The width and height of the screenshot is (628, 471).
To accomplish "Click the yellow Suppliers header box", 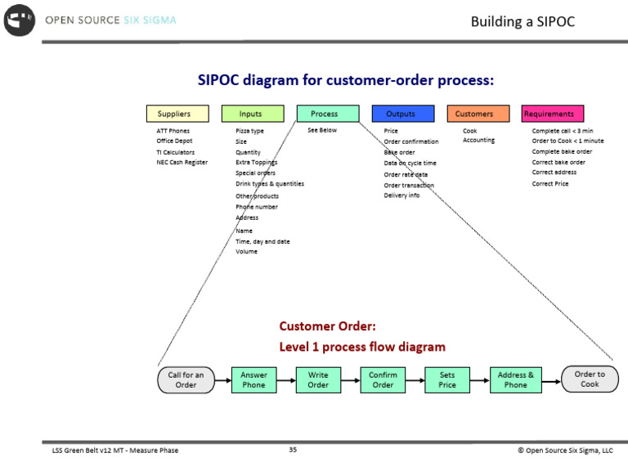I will coord(174,114).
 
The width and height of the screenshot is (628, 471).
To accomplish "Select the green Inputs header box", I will coord(250,114).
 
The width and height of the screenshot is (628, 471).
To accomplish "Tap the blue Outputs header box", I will coord(400,114).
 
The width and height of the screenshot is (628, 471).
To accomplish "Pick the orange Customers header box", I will coord(474,114).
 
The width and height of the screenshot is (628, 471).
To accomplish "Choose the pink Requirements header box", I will coord(549,114).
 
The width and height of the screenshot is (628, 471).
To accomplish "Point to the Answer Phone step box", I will coord(253,380).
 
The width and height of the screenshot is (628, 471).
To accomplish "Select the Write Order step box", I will coord(318,380).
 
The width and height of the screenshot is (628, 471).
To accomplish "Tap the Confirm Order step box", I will coord(383,380).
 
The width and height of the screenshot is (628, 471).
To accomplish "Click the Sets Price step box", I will coord(447,380).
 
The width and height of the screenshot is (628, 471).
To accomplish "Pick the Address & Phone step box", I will coord(515,380).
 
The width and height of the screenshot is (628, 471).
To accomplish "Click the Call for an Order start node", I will coord(186,380).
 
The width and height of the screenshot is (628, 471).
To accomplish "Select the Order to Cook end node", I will coord(590,379).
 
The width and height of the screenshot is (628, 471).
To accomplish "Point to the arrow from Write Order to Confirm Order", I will coord(349,380).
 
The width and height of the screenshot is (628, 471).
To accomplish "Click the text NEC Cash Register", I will coord(182,163).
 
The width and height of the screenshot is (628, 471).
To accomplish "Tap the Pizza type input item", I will coord(249,131).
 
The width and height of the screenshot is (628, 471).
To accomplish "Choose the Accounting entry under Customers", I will coord(478,141).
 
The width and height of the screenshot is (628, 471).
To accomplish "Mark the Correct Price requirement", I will coord(549,184).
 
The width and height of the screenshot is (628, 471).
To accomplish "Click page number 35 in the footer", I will coord(293,449).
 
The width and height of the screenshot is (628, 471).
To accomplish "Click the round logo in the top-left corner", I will coord(20,20).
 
